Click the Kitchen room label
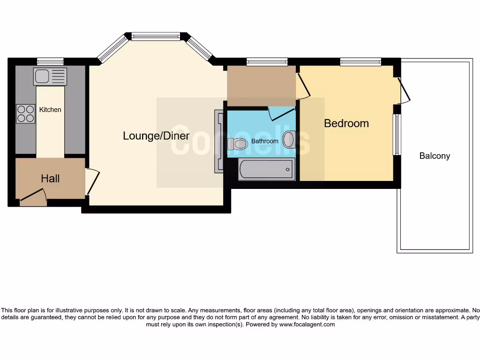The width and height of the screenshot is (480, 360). pyautogui.click(x=50, y=110)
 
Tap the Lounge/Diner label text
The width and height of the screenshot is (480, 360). pyautogui.click(x=156, y=136)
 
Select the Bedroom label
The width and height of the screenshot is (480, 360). pyautogui.click(x=346, y=123)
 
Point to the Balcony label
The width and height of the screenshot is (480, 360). pyautogui.click(x=435, y=156)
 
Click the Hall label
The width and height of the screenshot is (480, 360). pyautogui.click(x=50, y=179)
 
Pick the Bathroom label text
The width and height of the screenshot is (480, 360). pyautogui.click(x=265, y=141)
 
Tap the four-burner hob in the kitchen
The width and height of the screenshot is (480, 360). pyautogui.click(x=26, y=113)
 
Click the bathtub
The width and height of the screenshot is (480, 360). pyautogui.click(x=267, y=169)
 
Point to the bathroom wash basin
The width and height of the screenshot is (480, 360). pyautogui.click(x=289, y=139)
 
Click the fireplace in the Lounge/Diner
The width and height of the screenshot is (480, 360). pyautogui.click(x=219, y=142)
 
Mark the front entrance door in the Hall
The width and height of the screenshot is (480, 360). pyautogui.click(x=33, y=197)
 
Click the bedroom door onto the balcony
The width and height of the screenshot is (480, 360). pyautogui.click(x=403, y=90)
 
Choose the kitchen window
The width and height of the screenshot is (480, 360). pyautogui.click(x=50, y=61)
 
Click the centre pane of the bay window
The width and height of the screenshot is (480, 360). pyautogui.click(x=156, y=36)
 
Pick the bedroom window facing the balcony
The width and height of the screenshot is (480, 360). pyautogui.click(x=397, y=135)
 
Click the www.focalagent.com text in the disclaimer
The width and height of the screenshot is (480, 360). pyautogui.click(x=307, y=324)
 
